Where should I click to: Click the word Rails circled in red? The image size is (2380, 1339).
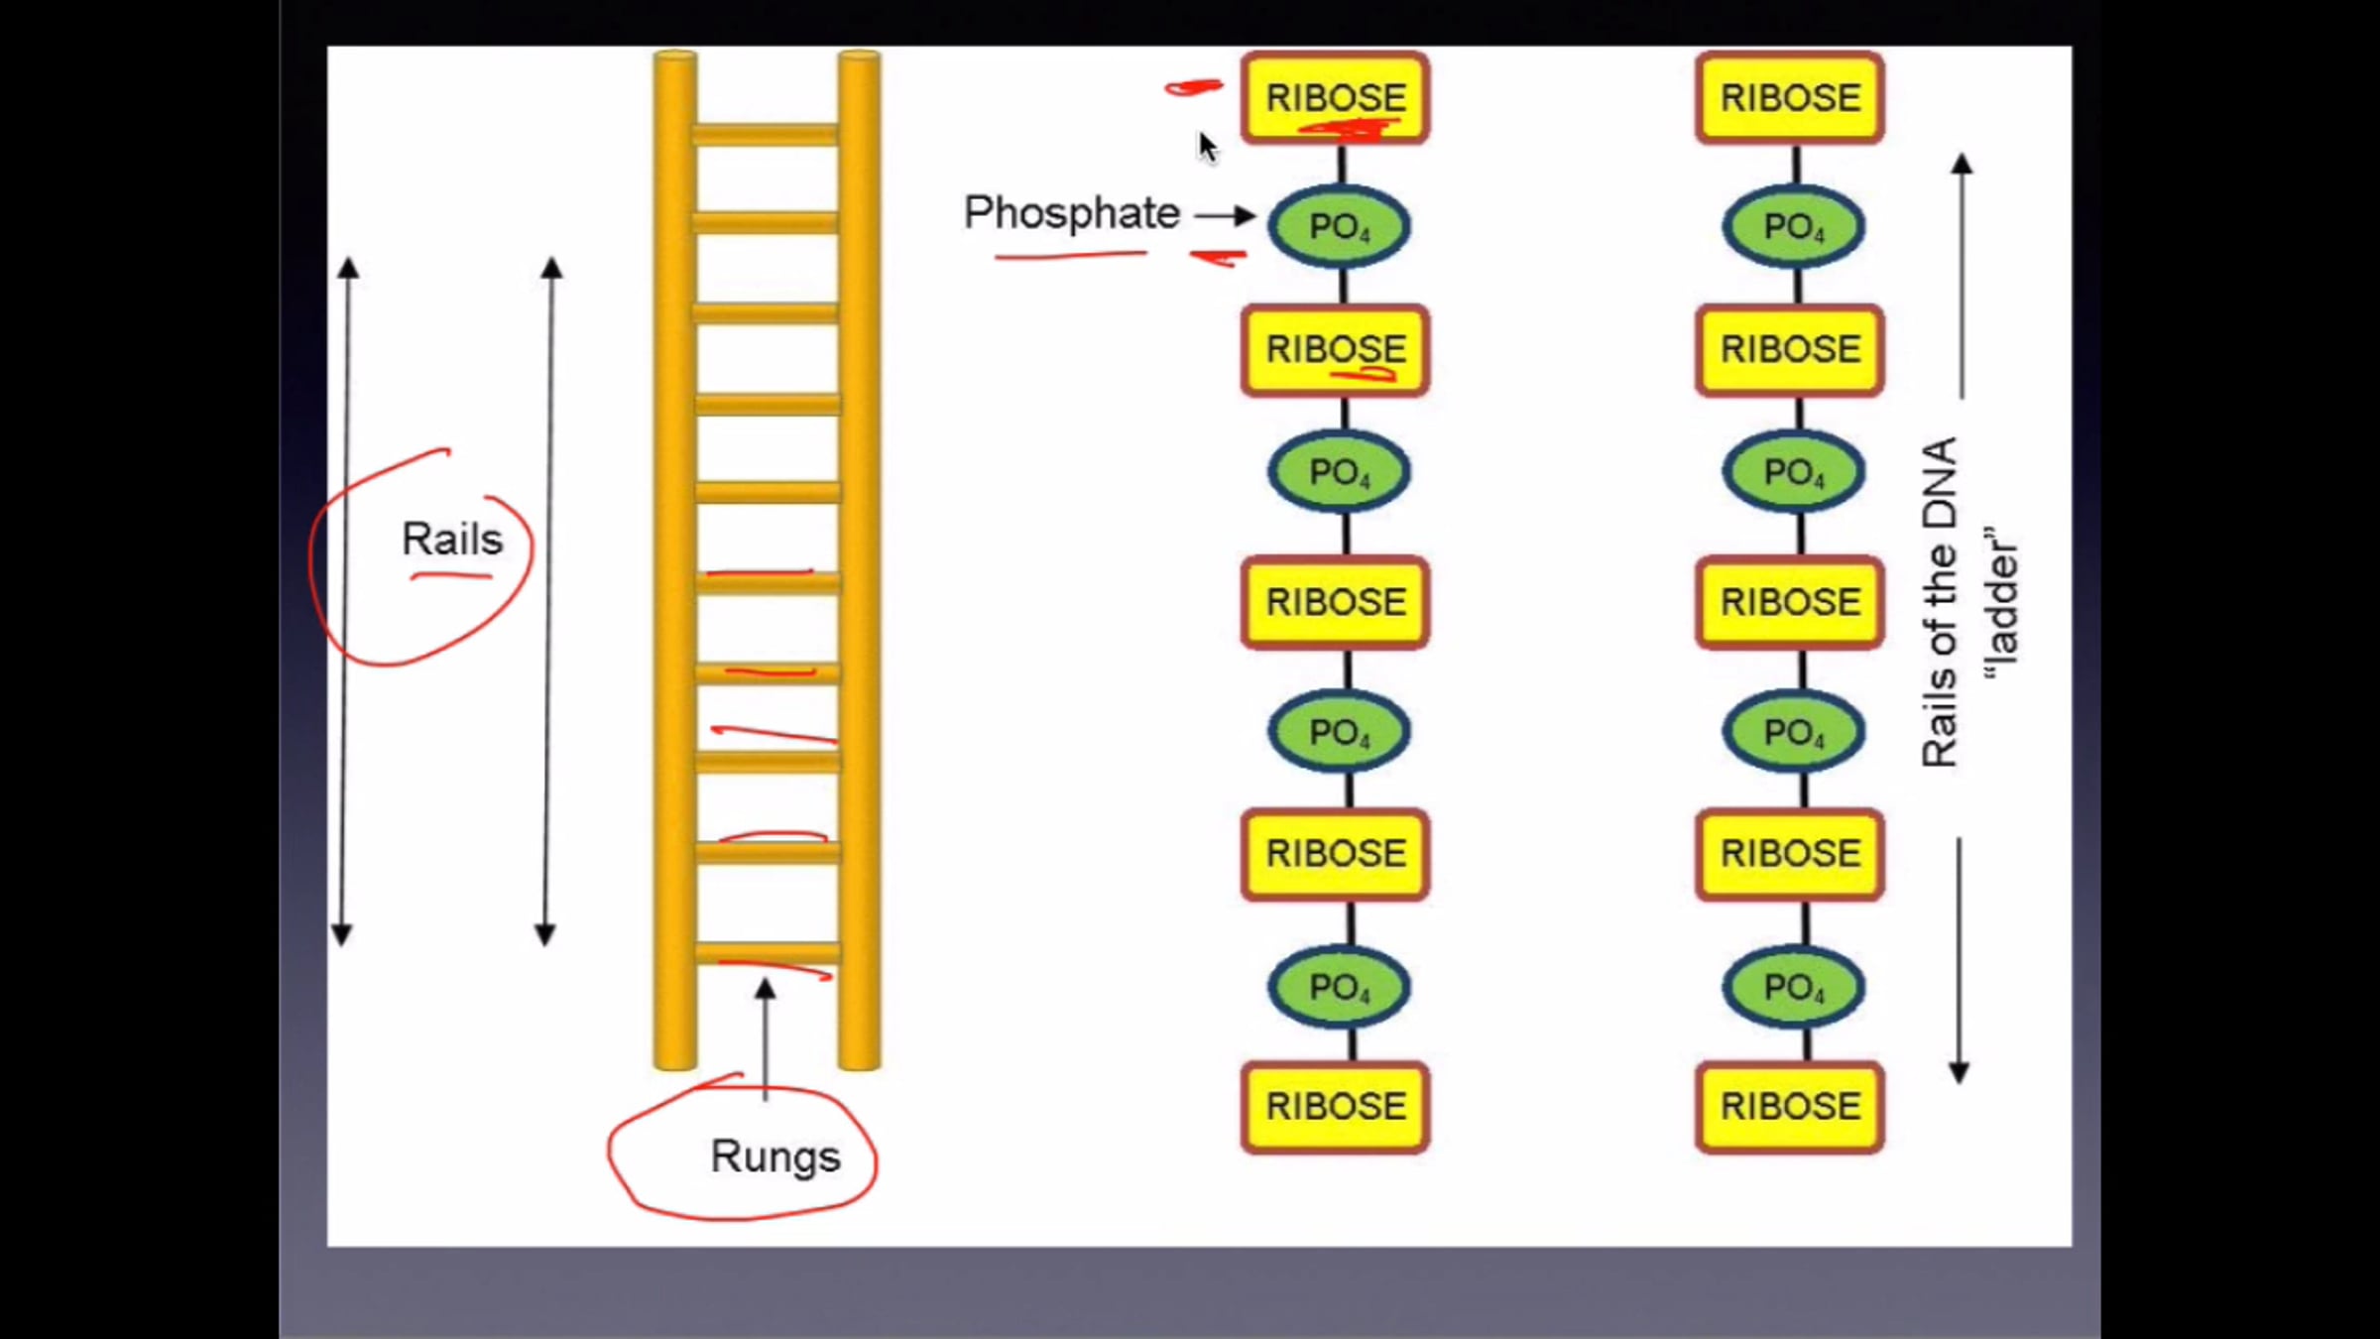452,540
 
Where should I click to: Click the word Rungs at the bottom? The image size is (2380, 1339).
775,1157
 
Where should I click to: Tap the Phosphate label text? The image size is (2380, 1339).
1072,213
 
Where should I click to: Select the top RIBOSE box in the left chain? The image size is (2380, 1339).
1336,98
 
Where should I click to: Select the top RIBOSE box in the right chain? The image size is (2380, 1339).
1790,98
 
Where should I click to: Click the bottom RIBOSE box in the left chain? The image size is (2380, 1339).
1336,1107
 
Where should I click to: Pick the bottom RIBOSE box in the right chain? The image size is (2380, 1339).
1790,1107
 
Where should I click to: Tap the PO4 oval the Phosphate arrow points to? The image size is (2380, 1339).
1340,227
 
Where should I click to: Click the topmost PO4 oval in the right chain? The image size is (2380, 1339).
1794,227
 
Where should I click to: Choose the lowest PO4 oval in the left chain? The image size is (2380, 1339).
1340,987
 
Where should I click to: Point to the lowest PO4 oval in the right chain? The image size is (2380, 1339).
1794,987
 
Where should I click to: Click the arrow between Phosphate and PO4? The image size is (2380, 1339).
1226,215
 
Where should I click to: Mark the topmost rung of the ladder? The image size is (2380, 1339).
766,134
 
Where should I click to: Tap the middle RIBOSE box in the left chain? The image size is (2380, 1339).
1336,602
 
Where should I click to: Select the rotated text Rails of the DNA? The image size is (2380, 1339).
1940,602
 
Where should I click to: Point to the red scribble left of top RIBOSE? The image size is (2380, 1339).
1193,88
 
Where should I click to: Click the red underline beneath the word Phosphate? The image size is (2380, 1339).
1071,255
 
